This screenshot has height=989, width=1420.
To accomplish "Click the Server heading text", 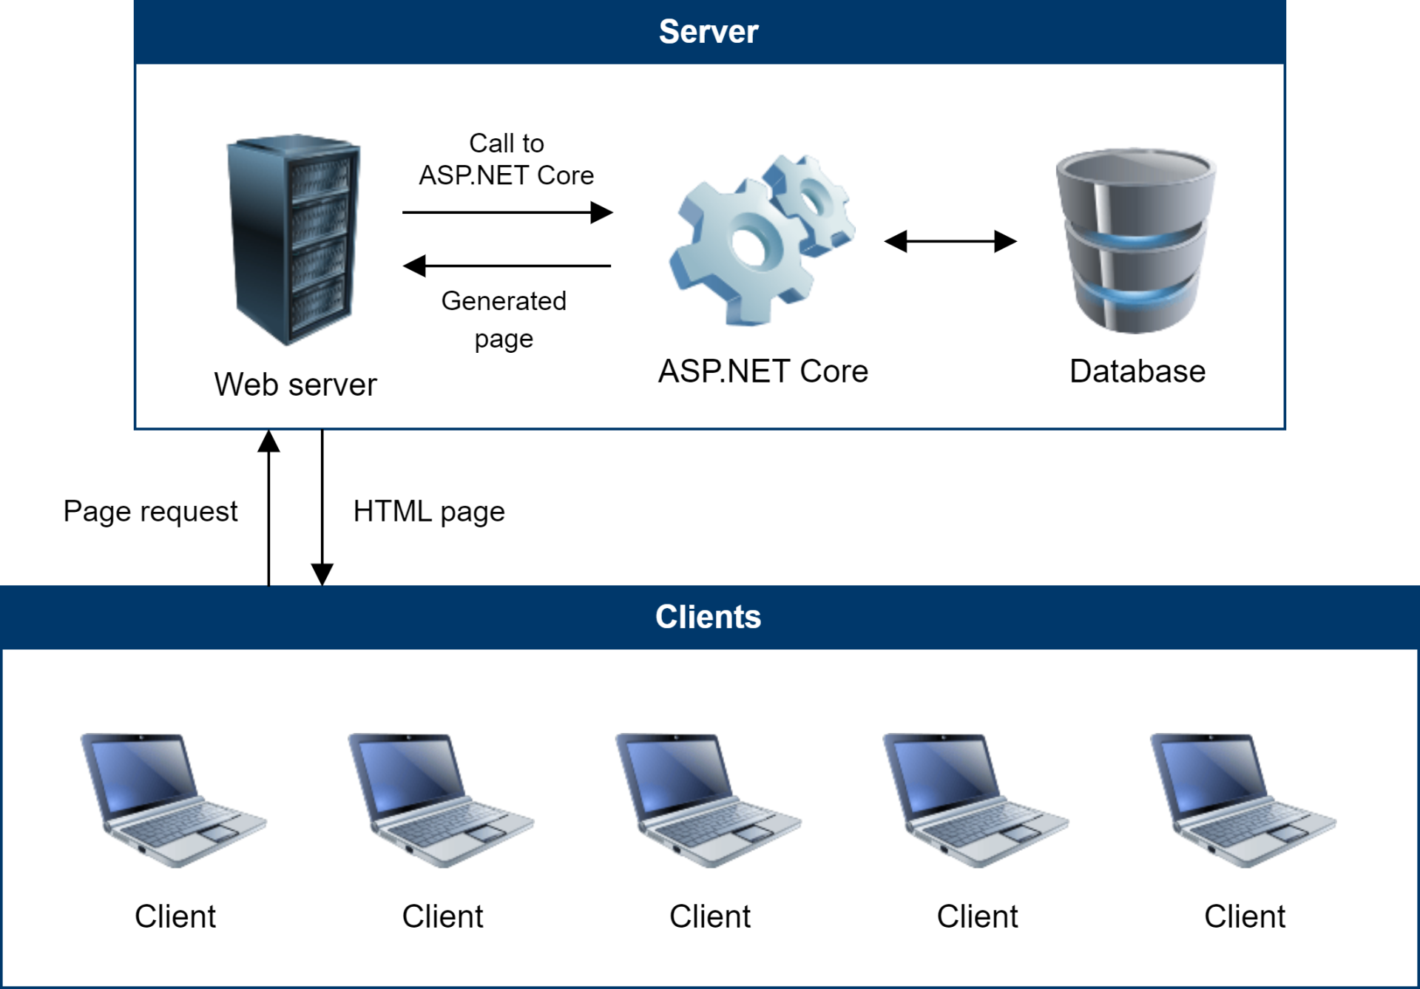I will [709, 32].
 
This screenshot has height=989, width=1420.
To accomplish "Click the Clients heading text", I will [708, 617].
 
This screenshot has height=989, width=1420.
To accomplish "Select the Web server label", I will [295, 385].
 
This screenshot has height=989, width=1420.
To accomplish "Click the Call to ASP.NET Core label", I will [507, 159].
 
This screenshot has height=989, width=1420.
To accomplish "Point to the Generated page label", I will [504, 320].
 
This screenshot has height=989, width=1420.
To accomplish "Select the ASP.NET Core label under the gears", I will [763, 371].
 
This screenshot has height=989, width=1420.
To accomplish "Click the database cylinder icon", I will [1136, 240].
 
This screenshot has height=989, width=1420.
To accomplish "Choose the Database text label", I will [1137, 371].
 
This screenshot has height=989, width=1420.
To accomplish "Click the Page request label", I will [151, 511].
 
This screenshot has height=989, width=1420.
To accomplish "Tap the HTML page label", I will [429, 511].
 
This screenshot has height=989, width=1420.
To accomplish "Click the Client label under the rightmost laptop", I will [1245, 917].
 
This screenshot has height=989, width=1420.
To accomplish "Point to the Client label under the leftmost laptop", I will [175, 917].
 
